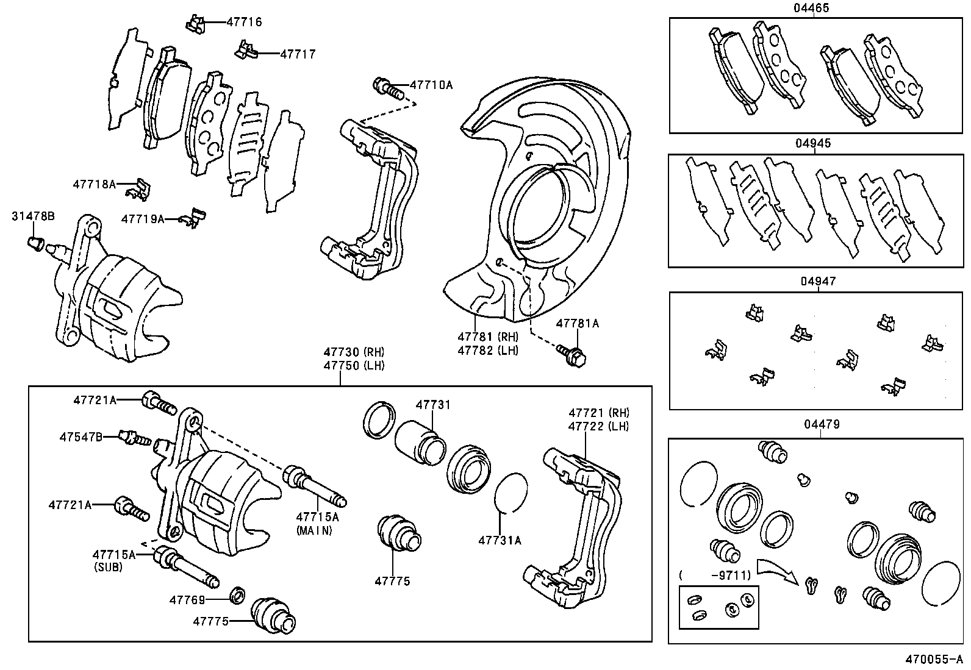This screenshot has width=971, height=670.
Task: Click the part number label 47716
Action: tap(244, 22)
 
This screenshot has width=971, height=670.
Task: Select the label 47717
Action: tap(298, 54)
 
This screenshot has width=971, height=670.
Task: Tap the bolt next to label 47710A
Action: tap(388, 88)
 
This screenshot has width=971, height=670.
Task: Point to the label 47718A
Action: tap(94, 184)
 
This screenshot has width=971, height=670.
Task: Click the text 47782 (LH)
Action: tap(488, 351)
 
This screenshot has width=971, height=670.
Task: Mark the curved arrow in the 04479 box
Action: tap(776, 569)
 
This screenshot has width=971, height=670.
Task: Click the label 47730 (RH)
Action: tap(354, 352)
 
